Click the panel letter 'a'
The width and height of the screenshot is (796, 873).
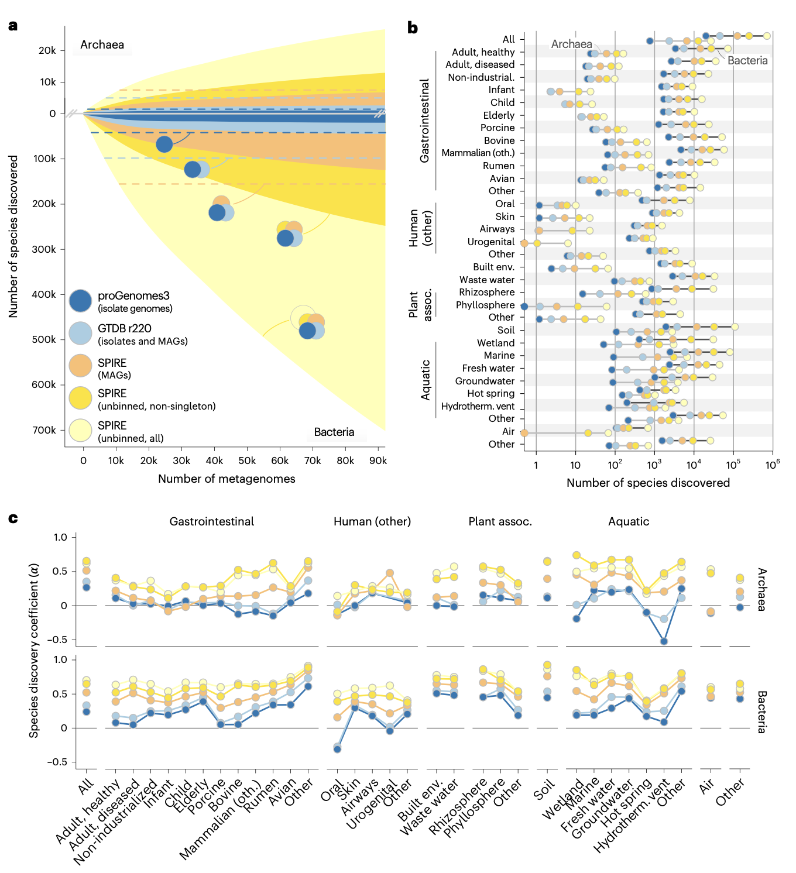pyautogui.click(x=13, y=26)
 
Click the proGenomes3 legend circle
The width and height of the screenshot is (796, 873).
pyautogui.click(x=81, y=301)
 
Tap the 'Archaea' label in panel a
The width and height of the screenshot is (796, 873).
pyautogui.click(x=102, y=45)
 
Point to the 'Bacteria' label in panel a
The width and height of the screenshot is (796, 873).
pyautogui.click(x=334, y=432)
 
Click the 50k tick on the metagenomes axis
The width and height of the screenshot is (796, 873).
pyautogui.click(x=247, y=461)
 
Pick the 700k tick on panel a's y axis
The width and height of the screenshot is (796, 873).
pyautogui.click(x=44, y=430)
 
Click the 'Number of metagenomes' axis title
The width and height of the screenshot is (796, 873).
pyautogui.click(x=227, y=479)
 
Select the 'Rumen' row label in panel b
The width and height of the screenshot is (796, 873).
pyautogui.click(x=498, y=166)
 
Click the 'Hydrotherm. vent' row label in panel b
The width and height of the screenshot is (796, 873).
pyautogui.click(x=478, y=407)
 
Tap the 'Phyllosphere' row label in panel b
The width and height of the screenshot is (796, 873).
pyautogui.click(x=485, y=305)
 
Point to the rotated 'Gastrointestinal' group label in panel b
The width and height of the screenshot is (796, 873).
pyautogui.click(x=425, y=121)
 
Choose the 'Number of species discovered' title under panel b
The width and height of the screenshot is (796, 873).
pyautogui.click(x=648, y=483)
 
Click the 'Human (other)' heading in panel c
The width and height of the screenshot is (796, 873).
pyautogui.click(x=372, y=522)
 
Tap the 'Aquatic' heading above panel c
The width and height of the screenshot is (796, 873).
pyautogui.click(x=629, y=522)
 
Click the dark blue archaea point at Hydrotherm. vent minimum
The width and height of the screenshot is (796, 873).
pyautogui.click(x=664, y=641)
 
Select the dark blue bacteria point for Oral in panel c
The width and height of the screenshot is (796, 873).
pyautogui.click(x=337, y=749)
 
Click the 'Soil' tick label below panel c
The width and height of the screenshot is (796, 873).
pyautogui.click(x=544, y=791)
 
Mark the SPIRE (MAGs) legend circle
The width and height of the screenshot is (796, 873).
pyautogui.click(x=81, y=366)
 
